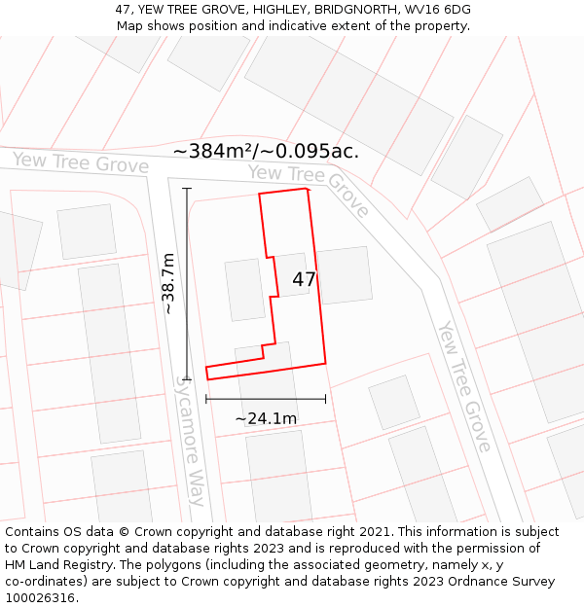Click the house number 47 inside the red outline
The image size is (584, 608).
pos(304,279)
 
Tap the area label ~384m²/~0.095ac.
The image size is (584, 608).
pos(266,151)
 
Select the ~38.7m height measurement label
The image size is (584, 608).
pos(167,283)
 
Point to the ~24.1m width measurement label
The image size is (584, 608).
pos(266,418)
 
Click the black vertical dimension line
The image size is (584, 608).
pos(186,283)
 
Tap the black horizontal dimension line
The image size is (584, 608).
pos(266,399)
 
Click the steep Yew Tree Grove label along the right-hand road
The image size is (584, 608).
pos(462,386)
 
